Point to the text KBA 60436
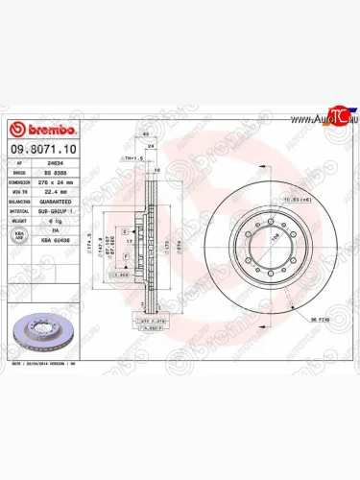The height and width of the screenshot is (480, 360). click(x=57, y=235)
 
